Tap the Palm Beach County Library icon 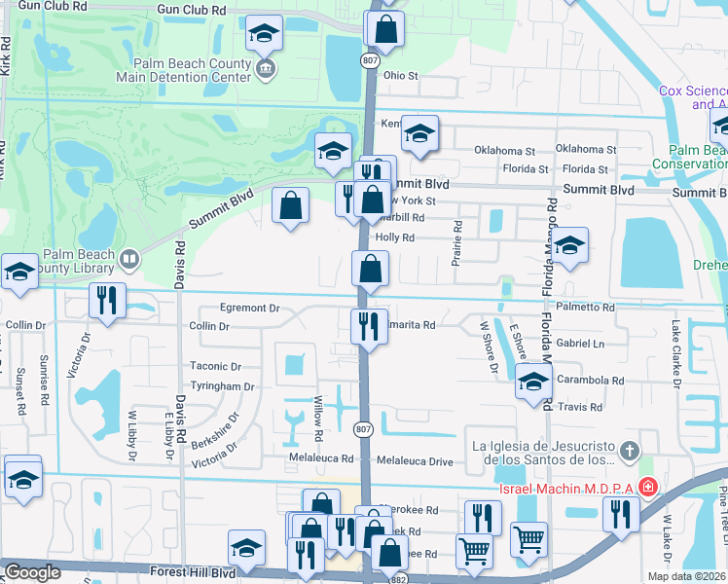(x=128, y=259)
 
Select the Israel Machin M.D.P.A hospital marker (x=648, y=487)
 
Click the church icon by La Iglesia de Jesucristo (x=630, y=451)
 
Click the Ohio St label (x=400, y=75)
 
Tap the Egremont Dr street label (x=248, y=308)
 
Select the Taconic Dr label (x=215, y=366)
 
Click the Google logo (x=32, y=572)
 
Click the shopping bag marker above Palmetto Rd (x=370, y=269)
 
